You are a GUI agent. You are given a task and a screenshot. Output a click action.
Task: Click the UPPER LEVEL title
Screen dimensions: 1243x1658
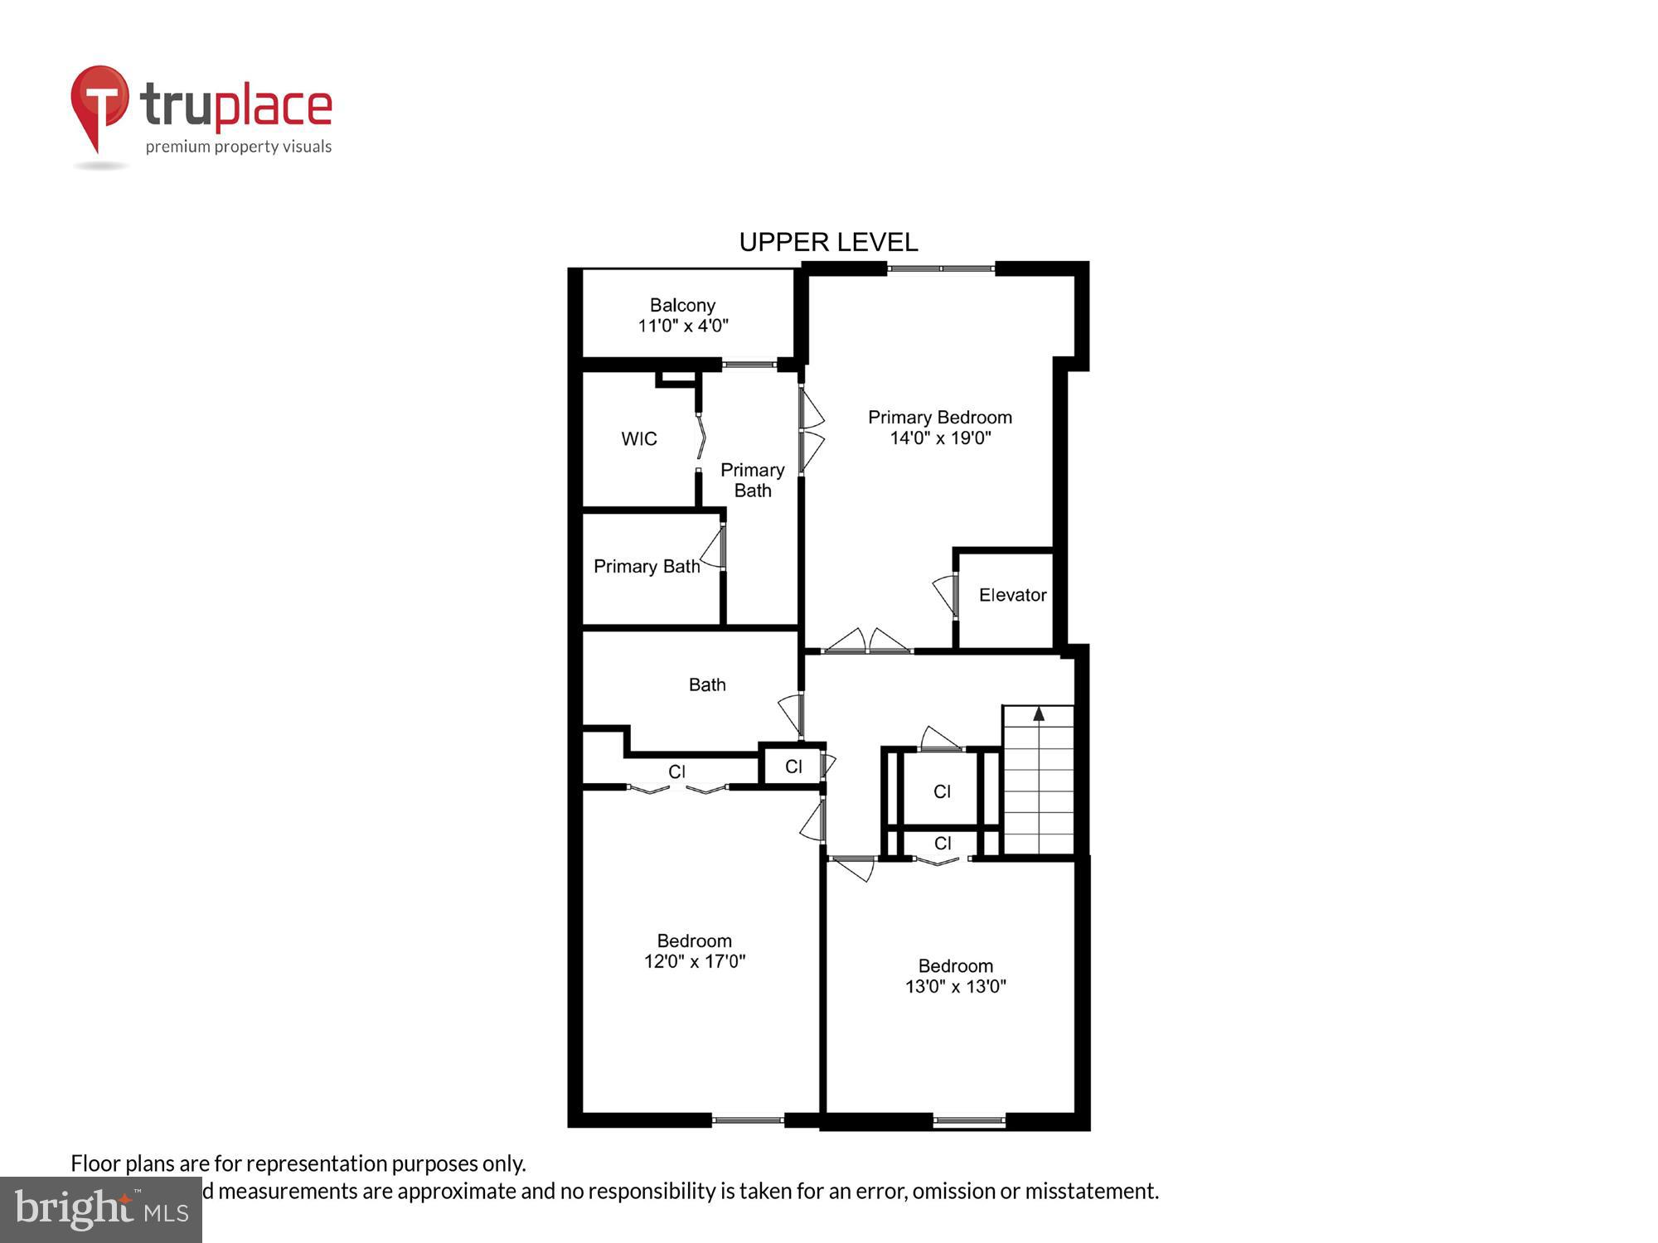pos(828,242)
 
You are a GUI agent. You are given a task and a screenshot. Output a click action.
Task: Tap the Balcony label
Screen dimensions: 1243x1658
pos(682,305)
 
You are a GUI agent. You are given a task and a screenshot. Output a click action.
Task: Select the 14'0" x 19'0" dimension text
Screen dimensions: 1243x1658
pos(940,438)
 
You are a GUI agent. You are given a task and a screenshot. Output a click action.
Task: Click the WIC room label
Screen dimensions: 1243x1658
pos(639,439)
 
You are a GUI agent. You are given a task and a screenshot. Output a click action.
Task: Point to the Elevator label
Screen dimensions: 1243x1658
pos(1012,595)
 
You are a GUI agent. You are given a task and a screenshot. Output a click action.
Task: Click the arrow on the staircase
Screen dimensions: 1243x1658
pos(1039,714)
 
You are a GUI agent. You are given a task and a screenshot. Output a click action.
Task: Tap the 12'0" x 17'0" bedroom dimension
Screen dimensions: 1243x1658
pos(695,961)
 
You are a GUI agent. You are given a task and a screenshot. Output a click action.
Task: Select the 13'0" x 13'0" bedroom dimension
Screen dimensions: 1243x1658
pos(955,986)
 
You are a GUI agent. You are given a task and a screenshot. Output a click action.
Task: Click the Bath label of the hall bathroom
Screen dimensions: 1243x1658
pos(707,684)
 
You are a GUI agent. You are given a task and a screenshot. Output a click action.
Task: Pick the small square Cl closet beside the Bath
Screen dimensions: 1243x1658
pos(793,767)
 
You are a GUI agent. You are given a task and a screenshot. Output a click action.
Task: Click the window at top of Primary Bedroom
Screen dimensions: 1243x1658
pos(941,268)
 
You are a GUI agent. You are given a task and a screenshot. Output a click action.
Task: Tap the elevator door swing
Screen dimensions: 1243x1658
pos(946,593)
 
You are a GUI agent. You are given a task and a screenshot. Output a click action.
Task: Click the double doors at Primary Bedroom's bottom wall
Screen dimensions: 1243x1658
pos(867,642)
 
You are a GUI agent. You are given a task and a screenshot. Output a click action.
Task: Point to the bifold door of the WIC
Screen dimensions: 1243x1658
pos(701,437)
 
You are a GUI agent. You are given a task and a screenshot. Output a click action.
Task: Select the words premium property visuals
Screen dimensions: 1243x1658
pos(239,147)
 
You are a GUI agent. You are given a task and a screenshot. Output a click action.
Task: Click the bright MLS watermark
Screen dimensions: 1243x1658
pos(101,1210)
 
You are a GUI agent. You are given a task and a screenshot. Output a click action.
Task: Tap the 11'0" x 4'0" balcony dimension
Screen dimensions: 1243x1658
pos(682,326)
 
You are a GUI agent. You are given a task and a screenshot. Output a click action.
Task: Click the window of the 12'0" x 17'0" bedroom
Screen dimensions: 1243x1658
pos(748,1120)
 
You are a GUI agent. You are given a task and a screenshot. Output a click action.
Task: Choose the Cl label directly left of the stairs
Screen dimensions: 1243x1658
pos(942,791)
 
